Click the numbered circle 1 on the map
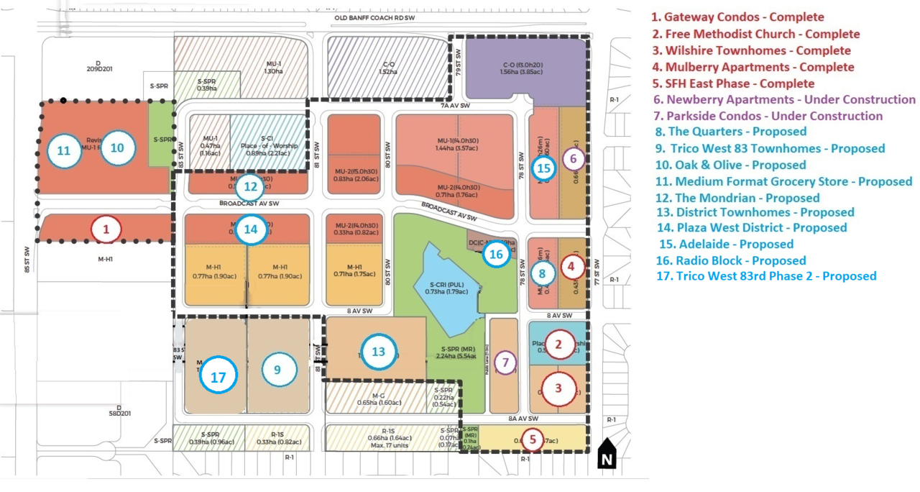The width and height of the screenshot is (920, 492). click(x=106, y=229)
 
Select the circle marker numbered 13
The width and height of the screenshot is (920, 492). click(x=378, y=351)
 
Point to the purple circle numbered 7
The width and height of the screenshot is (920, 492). click(x=506, y=363)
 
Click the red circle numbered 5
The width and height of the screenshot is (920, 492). click(x=533, y=437)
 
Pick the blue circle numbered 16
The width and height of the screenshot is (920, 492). click(x=495, y=253)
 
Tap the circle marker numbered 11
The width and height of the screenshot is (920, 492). click(x=64, y=150)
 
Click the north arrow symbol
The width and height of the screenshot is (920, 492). click(x=607, y=452)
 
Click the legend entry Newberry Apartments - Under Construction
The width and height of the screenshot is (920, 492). click(x=783, y=100)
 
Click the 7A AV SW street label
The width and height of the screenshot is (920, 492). click(x=456, y=106)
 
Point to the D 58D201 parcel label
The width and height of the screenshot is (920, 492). click(x=119, y=411)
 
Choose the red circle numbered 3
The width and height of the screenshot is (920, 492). click(x=558, y=388)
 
